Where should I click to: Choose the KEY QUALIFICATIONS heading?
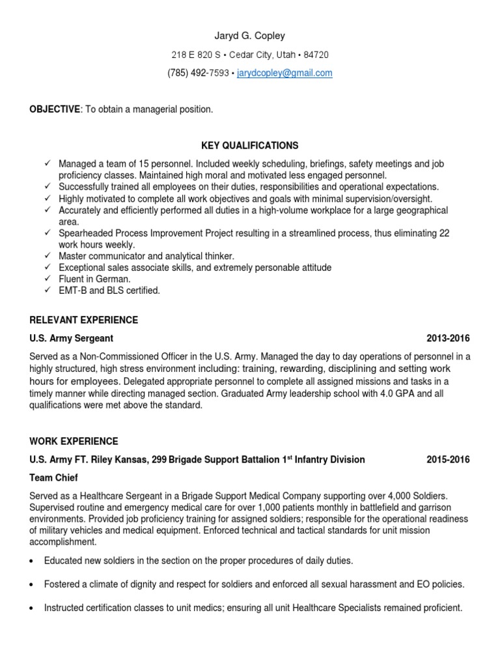pos(250,145)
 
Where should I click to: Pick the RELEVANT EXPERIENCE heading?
pos(84,320)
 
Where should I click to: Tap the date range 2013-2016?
pos(448,338)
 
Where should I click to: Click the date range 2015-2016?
pos(448,459)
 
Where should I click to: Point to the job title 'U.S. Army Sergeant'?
pos(72,338)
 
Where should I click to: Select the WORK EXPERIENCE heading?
pos(74,441)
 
